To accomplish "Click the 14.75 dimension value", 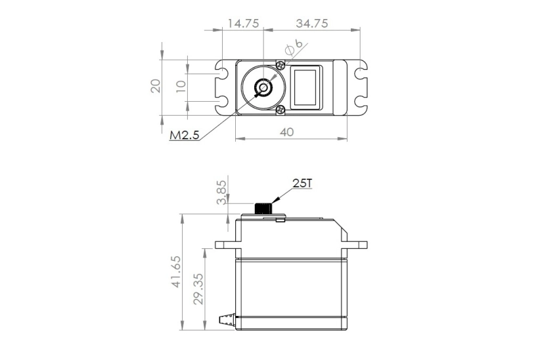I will click(242, 24).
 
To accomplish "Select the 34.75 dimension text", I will click(312, 24).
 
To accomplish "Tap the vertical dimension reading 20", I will click(156, 86).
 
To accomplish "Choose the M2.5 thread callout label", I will click(185, 135).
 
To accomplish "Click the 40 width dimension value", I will click(287, 131).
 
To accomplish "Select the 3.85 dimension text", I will click(221, 192).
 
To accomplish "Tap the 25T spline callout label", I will click(302, 183).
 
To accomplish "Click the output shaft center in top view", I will click(263, 88).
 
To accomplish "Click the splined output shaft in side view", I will click(263, 208).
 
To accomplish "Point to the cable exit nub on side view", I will click(226, 319).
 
